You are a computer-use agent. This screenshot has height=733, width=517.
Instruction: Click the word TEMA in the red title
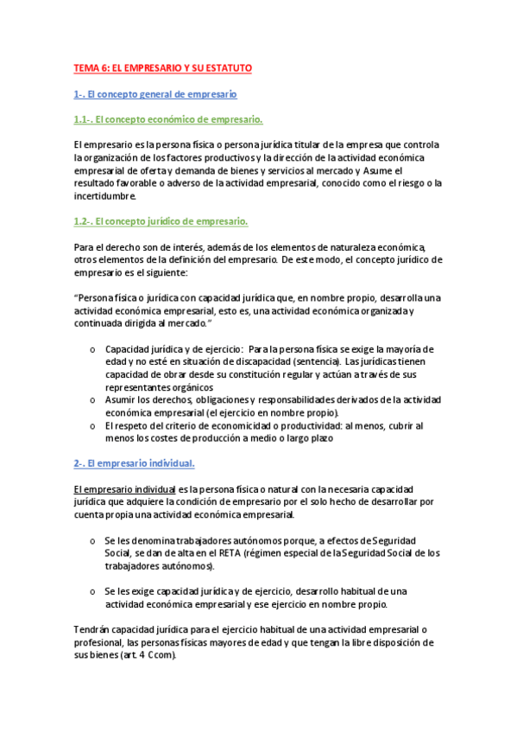click(x=86, y=67)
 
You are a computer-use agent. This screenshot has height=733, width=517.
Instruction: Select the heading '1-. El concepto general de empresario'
click(x=155, y=93)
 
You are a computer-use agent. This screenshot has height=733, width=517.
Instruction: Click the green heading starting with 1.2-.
click(x=161, y=222)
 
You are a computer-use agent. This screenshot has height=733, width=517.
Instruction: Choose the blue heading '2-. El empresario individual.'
click(x=134, y=463)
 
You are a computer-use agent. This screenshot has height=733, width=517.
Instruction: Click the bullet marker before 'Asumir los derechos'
click(x=92, y=400)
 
